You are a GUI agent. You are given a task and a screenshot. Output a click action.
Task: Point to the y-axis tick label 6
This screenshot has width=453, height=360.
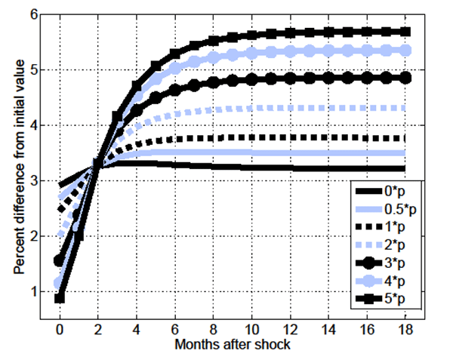34,14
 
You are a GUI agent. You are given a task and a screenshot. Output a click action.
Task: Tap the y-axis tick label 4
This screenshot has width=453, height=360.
34,125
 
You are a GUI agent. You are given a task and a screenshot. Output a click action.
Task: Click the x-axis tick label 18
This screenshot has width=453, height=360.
406,331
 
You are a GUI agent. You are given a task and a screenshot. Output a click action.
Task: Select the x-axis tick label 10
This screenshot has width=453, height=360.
252,331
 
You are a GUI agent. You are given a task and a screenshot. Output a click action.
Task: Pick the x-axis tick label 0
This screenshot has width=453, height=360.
60,331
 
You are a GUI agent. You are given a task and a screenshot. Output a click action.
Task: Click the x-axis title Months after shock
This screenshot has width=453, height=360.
233,345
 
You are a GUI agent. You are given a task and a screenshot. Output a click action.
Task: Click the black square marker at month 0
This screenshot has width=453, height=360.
60,298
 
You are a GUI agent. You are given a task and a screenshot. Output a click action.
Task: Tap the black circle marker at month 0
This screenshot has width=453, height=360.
60,260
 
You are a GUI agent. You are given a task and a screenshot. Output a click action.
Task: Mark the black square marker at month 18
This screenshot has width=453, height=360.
406,32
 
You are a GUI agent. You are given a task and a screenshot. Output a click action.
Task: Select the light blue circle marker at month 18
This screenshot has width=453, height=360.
406,50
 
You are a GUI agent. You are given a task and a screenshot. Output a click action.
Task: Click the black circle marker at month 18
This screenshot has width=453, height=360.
406,78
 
